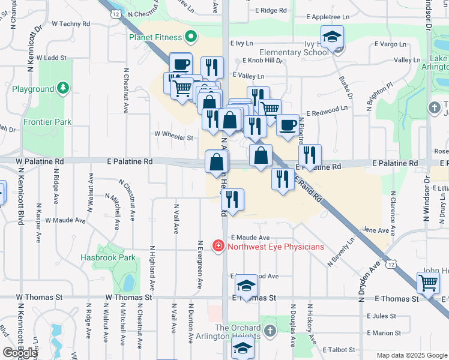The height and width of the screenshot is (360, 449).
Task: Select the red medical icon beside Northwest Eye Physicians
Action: (219, 246)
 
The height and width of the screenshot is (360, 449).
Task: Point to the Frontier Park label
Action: (47, 122)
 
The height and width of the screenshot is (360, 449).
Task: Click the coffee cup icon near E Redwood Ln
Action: (288, 125)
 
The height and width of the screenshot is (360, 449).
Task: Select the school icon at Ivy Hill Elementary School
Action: (332, 37)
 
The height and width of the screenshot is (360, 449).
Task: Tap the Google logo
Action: (20, 353)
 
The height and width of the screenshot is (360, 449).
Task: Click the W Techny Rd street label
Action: (71, 24)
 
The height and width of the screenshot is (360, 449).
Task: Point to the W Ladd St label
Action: (51, 58)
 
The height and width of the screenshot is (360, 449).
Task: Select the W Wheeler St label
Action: (173, 137)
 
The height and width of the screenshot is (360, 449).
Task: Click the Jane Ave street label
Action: (376, 230)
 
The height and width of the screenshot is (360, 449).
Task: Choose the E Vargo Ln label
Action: (390, 44)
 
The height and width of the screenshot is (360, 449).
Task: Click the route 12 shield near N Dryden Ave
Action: (391, 263)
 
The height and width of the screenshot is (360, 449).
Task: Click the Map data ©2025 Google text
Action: (411, 355)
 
